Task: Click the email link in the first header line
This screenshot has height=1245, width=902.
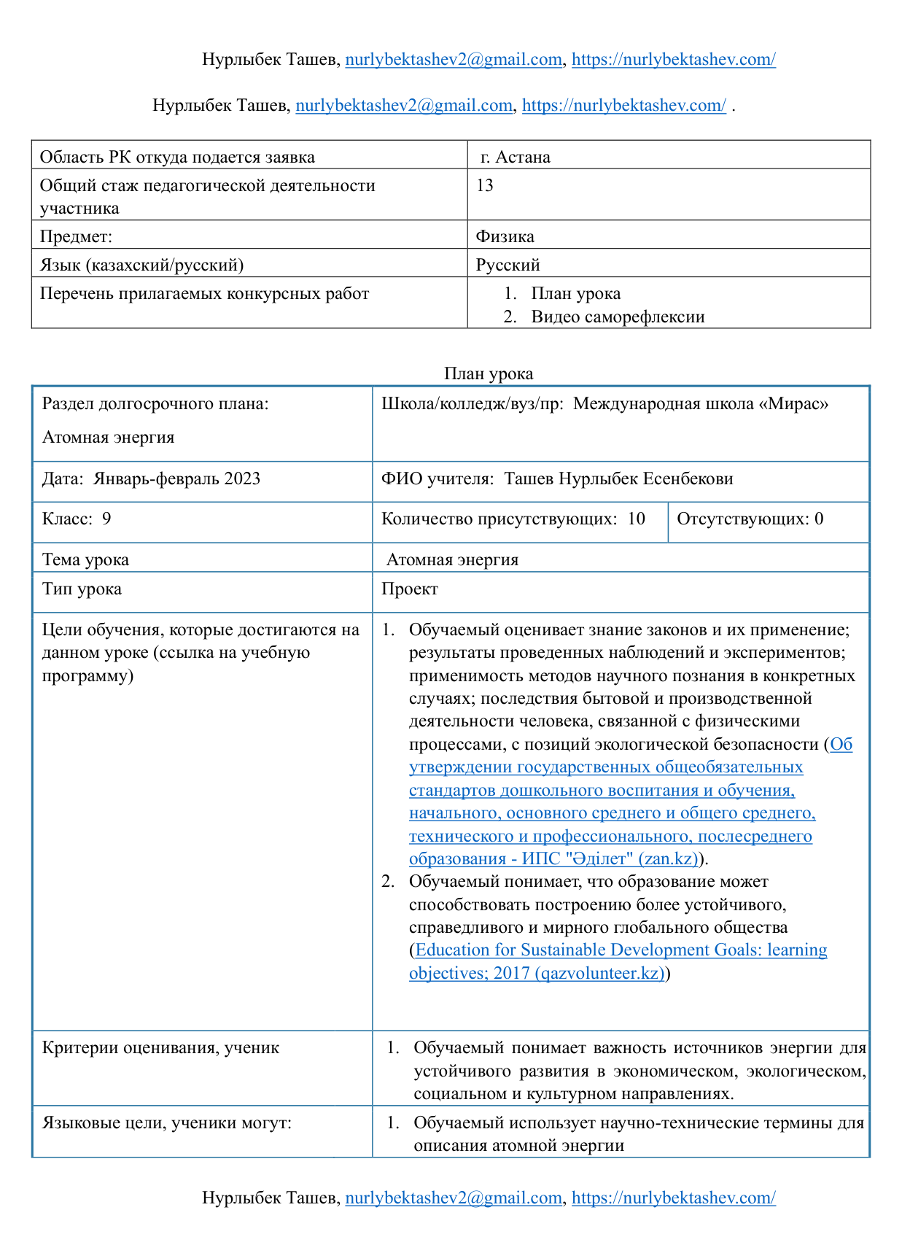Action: (453, 60)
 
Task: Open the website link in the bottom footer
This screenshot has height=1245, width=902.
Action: (673, 1198)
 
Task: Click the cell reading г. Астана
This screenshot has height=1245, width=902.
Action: (516, 158)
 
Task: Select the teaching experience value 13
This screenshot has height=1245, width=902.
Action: (485, 185)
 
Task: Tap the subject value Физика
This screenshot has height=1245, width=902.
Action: (505, 236)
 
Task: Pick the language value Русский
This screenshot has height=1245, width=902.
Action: (508, 265)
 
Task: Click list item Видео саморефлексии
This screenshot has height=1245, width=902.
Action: (618, 317)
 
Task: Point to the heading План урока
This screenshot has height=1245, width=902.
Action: (489, 373)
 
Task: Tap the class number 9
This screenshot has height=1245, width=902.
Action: (106, 519)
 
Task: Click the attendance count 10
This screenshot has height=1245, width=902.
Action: (636, 519)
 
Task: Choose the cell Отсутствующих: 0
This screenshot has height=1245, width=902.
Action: (750, 519)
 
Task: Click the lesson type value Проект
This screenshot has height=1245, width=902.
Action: (410, 589)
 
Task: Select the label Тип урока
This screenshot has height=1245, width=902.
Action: (82, 589)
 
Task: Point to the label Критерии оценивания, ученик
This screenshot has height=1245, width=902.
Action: (160, 1048)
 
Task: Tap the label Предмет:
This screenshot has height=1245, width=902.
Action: (76, 236)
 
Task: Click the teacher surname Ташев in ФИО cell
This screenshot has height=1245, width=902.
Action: (529, 478)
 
